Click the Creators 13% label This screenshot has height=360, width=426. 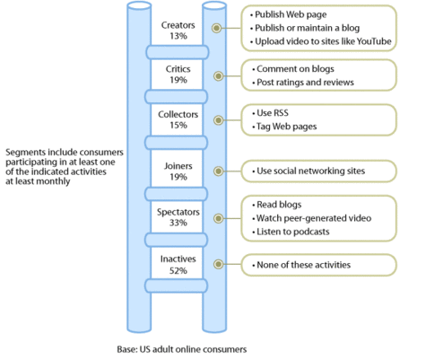pyautogui.click(x=178, y=31)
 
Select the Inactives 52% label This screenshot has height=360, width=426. pyautogui.click(x=178, y=265)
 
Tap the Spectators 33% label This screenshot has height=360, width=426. pyautogui.click(x=178, y=217)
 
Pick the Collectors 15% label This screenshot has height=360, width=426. pyautogui.click(x=178, y=119)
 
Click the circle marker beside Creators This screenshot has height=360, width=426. pyautogui.click(x=216, y=28)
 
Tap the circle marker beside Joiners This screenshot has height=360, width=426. pyautogui.click(x=219, y=171)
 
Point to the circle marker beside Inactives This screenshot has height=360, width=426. pyautogui.click(x=219, y=264)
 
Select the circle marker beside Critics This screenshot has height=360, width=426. pyautogui.click(x=219, y=76)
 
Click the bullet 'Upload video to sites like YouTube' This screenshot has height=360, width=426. pyautogui.click(x=321, y=41)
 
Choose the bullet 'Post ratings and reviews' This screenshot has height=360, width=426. pyautogui.click(x=303, y=83)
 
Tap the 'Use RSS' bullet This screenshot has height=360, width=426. pyautogui.click(x=270, y=113)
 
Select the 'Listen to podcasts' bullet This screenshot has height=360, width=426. pyautogui.click(x=291, y=232)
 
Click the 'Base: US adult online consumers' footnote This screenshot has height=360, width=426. pyautogui.click(x=182, y=349)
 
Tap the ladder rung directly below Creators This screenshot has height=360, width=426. pyautogui.click(x=178, y=52)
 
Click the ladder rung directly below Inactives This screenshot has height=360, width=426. pyautogui.click(x=177, y=285)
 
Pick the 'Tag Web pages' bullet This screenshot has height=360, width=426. pyautogui.click(x=284, y=127)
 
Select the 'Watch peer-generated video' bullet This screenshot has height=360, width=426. pyautogui.click(x=311, y=218)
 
